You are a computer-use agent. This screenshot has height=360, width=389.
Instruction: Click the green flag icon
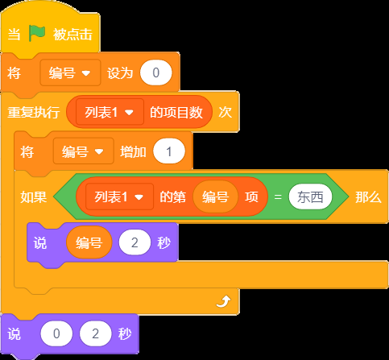tap(37, 33)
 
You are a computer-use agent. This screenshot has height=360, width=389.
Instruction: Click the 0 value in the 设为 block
tap(155, 72)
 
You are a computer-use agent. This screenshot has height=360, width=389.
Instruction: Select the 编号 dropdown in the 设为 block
tap(70, 72)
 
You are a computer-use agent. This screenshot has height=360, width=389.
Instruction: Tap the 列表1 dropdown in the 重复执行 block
tap(110, 112)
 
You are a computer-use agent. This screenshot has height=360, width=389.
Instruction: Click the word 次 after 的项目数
tap(225, 112)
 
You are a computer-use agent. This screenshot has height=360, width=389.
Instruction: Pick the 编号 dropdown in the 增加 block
tap(83, 151)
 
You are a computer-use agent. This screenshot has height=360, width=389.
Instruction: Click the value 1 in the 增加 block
tap(169, 151)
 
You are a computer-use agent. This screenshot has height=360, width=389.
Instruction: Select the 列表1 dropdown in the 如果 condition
tap(119, 197)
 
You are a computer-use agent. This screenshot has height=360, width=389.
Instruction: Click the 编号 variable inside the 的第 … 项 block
tap(215, 197)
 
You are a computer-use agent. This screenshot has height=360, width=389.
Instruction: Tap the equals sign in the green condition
tap(278, 197)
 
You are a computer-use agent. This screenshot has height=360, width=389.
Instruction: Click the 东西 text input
tap(310, 197)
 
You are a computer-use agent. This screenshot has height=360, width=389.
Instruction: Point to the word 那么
tap(368, 197)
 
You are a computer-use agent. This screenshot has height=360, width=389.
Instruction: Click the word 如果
tap(34, 197)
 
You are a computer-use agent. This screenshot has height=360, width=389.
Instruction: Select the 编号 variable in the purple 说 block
tap(89, 242)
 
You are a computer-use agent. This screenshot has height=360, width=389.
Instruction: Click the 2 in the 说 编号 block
tap(134, 242)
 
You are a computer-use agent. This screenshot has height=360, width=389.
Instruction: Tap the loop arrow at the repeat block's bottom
tap(223, 301)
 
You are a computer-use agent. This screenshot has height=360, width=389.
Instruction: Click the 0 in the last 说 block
tap(56, 333)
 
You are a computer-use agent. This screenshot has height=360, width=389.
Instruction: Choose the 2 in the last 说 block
tap(95, 333)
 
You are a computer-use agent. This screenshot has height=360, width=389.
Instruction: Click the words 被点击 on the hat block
tap(72, 35)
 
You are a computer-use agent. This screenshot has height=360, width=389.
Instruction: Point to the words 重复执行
tap(34, 112)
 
